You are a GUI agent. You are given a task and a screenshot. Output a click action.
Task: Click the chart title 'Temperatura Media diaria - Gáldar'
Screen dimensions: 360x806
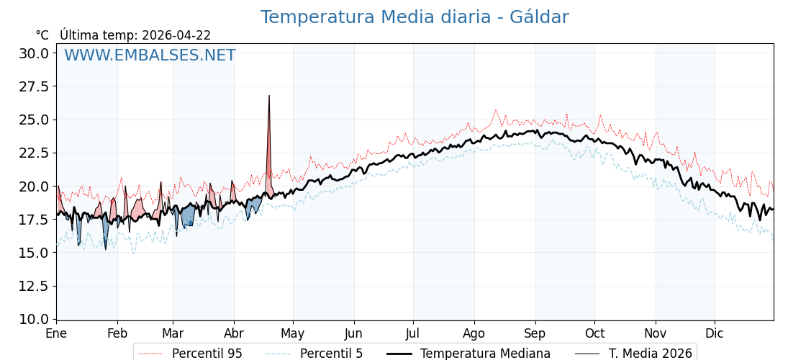coord(414,17)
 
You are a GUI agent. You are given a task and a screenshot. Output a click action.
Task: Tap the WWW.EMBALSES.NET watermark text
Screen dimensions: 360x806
coord(150,55)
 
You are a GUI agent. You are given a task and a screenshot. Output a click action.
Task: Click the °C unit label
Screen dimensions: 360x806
coord(42,35)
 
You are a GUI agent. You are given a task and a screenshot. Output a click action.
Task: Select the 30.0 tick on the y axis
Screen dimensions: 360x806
coord(34,53)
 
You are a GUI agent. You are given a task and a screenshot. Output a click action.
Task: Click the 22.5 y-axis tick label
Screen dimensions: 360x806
coord(34,153)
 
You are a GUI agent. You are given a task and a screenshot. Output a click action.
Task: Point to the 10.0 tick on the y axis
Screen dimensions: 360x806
coord(34,319)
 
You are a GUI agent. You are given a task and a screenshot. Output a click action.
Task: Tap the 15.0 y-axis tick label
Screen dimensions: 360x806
coord(34,253)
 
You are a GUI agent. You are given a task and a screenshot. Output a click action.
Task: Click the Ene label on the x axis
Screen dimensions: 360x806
coord(56,333)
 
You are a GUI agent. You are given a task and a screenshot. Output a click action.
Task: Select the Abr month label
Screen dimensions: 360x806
coord(234,333)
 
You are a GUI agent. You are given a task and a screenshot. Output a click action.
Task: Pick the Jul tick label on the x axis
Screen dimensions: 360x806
coord(413,333)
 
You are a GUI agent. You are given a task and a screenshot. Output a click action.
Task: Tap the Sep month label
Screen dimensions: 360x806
coord(535,333)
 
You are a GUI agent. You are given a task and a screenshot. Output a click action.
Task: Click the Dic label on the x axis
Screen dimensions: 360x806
coord(715,333)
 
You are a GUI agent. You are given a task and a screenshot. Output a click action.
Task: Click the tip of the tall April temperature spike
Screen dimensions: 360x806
coord(269,96)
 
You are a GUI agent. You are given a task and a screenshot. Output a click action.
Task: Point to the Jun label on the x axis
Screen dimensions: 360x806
coord(353,333)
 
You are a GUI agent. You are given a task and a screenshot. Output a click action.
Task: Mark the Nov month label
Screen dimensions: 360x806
coord(656,333)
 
